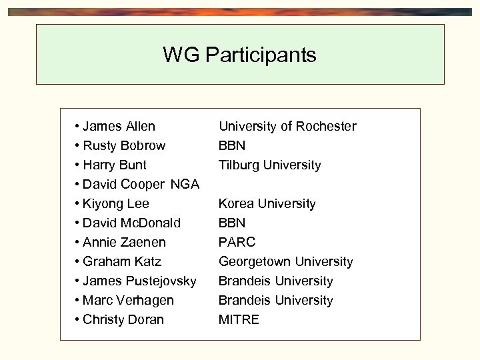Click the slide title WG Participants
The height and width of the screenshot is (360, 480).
239,55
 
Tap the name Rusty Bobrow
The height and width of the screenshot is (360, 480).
124,145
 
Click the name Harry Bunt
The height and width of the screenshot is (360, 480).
115,165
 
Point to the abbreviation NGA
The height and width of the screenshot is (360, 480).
185,184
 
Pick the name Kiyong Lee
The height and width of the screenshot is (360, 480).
116,203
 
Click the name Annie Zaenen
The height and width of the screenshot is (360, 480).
124,242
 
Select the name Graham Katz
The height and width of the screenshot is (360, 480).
122,261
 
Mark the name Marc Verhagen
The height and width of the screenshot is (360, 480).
128,300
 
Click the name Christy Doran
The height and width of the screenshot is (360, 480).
123,319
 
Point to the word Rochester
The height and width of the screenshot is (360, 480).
326,126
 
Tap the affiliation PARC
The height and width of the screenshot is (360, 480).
237,242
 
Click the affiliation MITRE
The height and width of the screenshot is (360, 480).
239,319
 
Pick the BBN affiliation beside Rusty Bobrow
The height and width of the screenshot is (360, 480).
232,145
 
